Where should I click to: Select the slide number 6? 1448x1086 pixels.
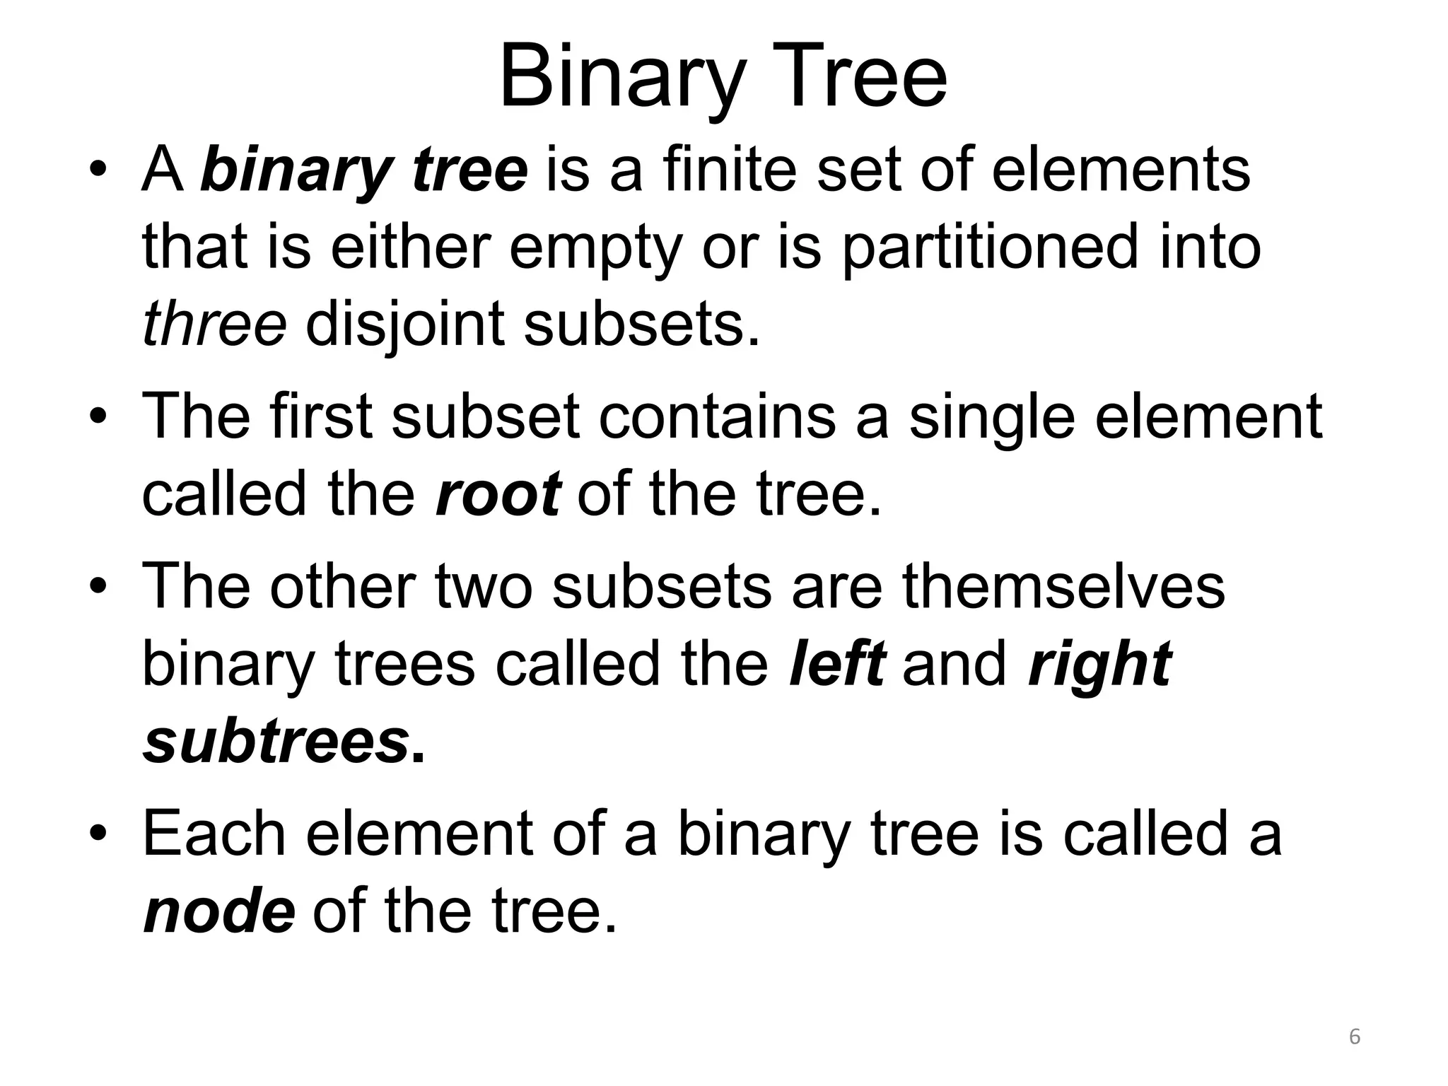[x=1355, y=1037]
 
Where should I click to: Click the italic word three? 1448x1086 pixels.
[x=214, y=323]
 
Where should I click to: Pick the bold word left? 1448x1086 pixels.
[x=836, y=664]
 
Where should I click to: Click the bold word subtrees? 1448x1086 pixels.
[x=276, y=742]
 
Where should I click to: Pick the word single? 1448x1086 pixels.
[x=993, y=417]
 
